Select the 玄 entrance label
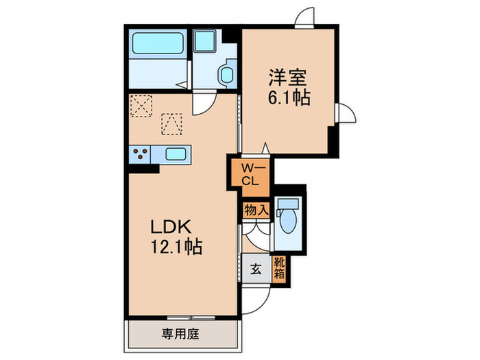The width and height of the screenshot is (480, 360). (255, 269)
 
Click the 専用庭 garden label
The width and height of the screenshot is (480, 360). (180, 334)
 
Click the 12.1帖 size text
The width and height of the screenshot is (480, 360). (174, 247)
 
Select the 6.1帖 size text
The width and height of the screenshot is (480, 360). (289, 97)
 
